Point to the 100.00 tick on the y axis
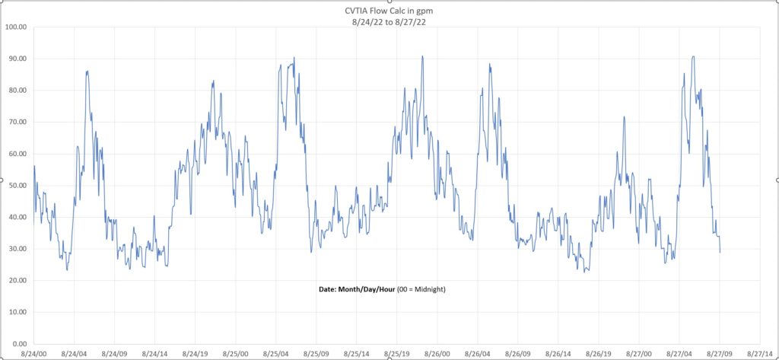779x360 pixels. pos(16,27)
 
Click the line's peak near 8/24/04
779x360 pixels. pos(87,71)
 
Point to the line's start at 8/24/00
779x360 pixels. pos(34,166)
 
